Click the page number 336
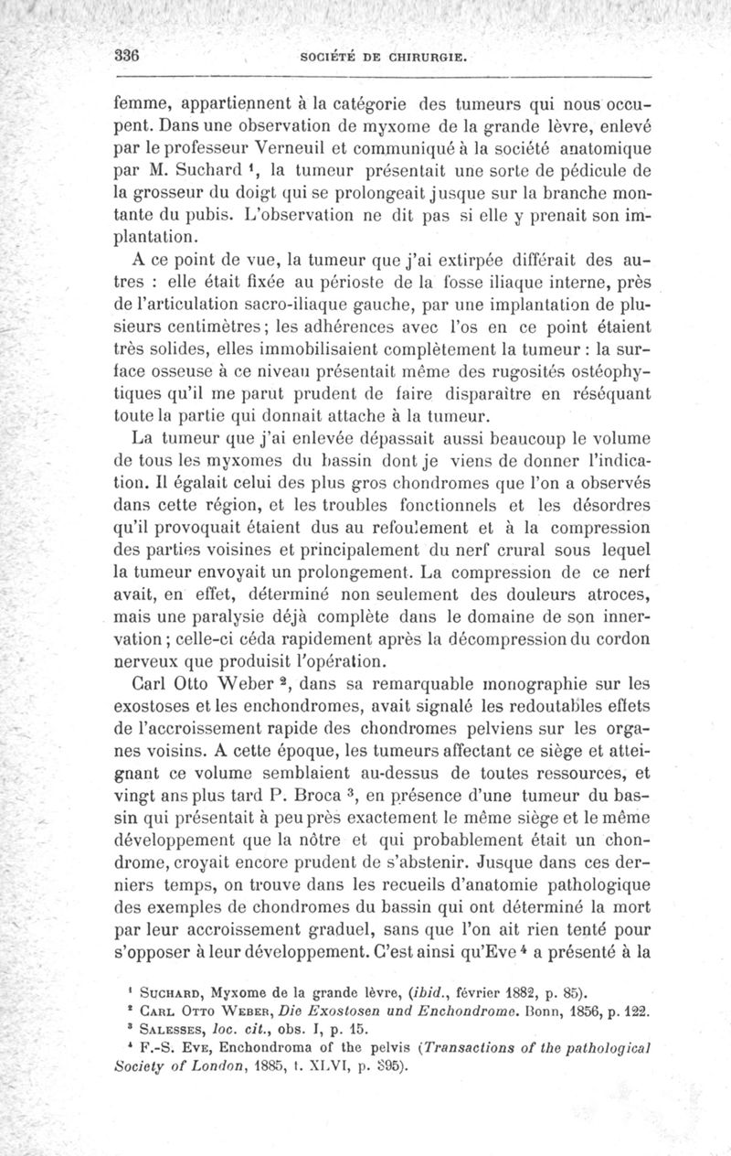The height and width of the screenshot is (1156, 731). click(x=126, y=55)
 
